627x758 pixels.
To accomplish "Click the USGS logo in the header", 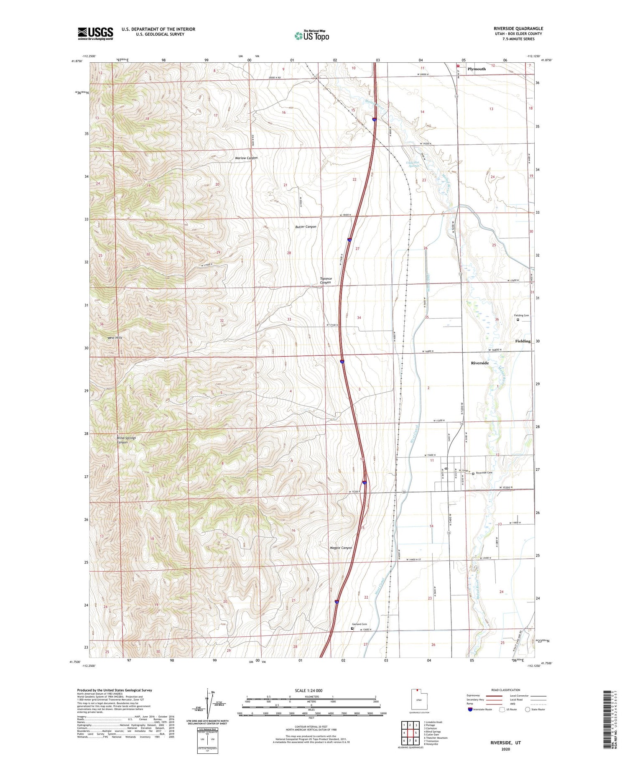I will pyautogui.click(x=95, y=33).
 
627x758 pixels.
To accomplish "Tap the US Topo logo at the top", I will pyautogui.click(x=311, y=36).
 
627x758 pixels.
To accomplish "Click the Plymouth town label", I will pyautogui.click(x=477, y=69).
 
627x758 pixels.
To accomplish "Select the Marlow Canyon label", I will pyautogui.click(x=246, y=158).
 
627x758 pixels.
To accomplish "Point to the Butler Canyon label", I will pyautogui.click(x=306, y=227).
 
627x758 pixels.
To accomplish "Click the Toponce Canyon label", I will pyautogui.click(x=326, y=281).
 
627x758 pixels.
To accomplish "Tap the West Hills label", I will pyautogui.click(x=115, y=337).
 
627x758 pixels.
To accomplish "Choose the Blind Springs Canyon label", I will pyautogui.click(x=126, y=440).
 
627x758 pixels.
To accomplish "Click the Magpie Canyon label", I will pyautogui.click(x=341, y=548).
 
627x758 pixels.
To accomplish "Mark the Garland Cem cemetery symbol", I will pyautogui.click(x=352, y=628).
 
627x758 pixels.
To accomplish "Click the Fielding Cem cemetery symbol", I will pyautogui.click(x=518, y=320).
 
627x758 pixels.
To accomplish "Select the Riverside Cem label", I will pyautogui.click(x=484, y=473).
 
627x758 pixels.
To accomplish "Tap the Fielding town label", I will pyautogui.click(x=522, y=341).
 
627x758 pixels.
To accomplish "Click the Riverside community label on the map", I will pyautogui.click(x=479, y=363).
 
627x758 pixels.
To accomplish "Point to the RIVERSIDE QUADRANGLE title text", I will pyautogui.click(x=518, y=28).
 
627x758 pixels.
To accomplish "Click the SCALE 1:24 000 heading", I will pyautogui.click(x=308, y=691).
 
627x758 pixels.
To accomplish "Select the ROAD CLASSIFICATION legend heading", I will pyautogui.click(x=506, y=690).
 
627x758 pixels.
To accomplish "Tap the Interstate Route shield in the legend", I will pyautogui.click(x=471, y=710).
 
